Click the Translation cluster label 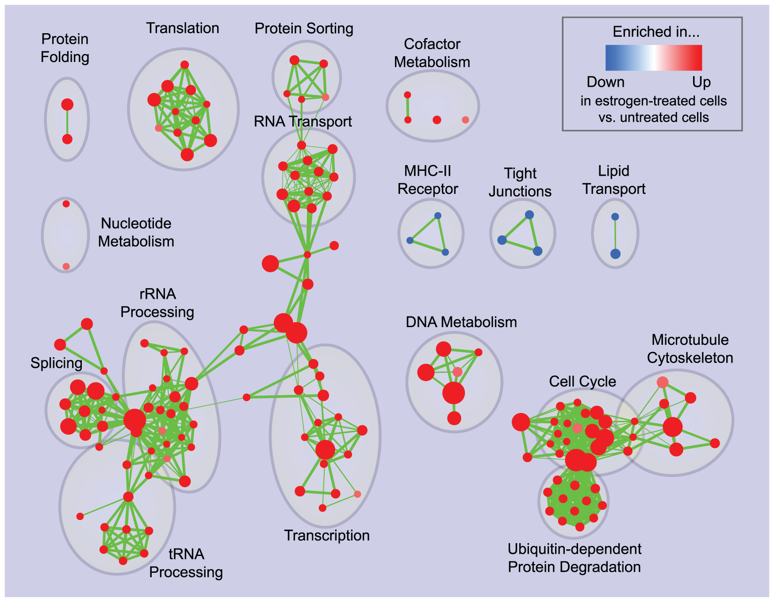tap(183, 28)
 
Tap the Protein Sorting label tap(304, 29)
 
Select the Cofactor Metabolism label tap(432, 53)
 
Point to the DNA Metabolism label tap(461, 322)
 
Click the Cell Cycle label tap(582, 382)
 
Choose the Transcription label tap(327, 536)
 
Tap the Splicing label tap(56, 363)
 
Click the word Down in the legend tap(605, 82)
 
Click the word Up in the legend tap(701, 82)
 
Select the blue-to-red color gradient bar tap(654, 58)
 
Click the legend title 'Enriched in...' tap(656, 32)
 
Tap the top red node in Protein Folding tap(67, 104)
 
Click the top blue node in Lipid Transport tap(615, 217)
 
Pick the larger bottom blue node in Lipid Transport tap(615, 254)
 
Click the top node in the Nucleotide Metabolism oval tap(66, 204)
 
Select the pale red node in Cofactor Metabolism tap(465, 120)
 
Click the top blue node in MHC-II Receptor tap(438, 216)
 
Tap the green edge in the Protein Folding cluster tap(67, 122)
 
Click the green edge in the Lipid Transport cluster tap(615, 235)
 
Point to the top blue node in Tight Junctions tap(529, 215)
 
